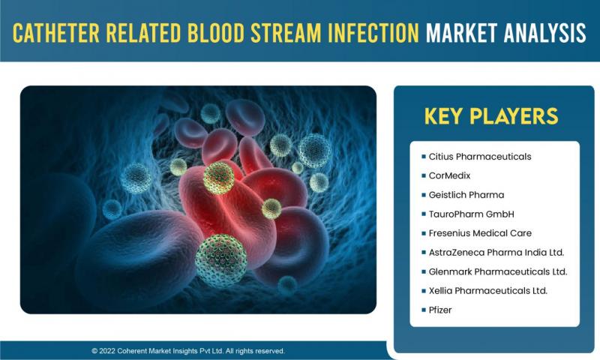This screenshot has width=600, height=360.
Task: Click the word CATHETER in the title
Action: (x=56, y=33)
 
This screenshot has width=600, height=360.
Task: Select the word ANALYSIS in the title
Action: (x=545, y=33)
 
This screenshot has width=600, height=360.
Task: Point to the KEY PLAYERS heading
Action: (x=491, y=116)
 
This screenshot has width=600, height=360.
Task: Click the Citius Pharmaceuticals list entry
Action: (x=480, y=157)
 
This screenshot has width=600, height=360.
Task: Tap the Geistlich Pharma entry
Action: (x=466, y=195)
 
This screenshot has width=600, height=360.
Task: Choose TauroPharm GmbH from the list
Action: (x=472, y=214)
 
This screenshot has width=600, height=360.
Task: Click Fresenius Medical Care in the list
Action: (x=480, y=233)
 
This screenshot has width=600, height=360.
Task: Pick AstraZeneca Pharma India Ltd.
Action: (x=496, y=253)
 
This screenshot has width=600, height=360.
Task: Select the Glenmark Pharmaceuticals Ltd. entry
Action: (x=498, y=271)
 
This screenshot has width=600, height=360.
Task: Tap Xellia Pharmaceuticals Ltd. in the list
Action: (x=488, y=291)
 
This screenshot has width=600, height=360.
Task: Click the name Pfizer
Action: (x=440, y=310)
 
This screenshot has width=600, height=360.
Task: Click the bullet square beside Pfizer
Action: (x=424, y=310)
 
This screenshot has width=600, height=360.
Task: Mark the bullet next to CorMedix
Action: (x=424, y=175)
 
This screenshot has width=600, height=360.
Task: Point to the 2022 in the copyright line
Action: (x=107, y=351)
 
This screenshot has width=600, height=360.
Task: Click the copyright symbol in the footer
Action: (x=94, y=351)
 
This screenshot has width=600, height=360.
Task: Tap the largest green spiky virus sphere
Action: (x=220, y=260)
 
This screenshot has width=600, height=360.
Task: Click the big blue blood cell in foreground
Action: (x=139, y=256)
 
